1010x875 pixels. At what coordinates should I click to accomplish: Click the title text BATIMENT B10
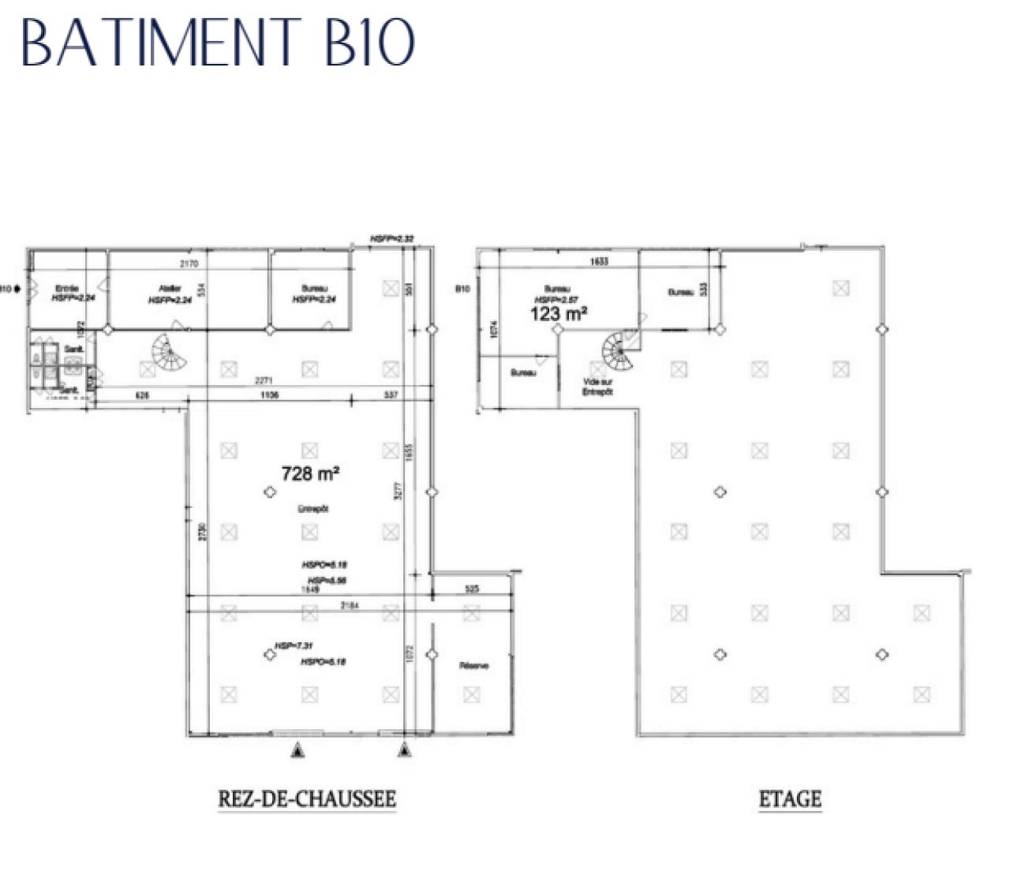(x=218, y=43)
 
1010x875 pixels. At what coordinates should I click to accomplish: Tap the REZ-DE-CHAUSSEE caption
(x=307, y=798)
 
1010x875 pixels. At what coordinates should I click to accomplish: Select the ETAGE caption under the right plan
(x=790, y=799)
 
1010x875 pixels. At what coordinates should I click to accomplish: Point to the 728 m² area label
(x=310, y=473)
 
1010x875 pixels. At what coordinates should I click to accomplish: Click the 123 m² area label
(x=559, y=314)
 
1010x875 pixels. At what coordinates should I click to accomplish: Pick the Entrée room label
(x=67, y=289)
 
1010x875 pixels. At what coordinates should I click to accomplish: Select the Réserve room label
(x=473, y=666)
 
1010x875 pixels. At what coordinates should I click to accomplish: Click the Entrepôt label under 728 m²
(x=313, y=509)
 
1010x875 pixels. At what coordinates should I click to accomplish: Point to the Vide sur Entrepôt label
(x=597, y=387)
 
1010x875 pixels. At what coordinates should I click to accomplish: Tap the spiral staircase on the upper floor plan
(x=620, y=353)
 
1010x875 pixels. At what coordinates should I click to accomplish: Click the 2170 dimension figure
(x=189, y=264)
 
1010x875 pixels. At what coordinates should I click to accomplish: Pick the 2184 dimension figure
(x=350, y=605)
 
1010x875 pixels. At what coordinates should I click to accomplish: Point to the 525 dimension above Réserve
(x=472, y=589)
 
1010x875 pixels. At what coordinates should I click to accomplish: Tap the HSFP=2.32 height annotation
(x=392, y=238)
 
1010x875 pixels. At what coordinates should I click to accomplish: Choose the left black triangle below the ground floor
(x=297, y=750)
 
